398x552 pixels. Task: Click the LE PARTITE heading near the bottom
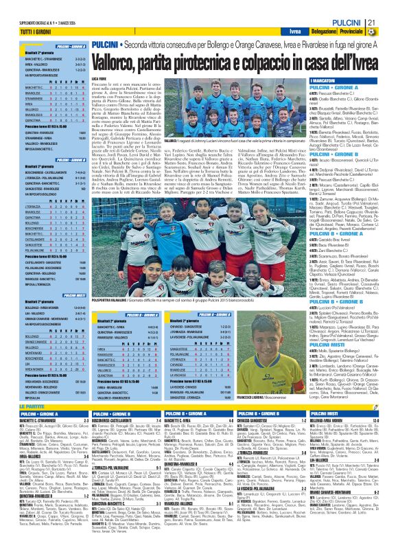coord(17,389)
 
